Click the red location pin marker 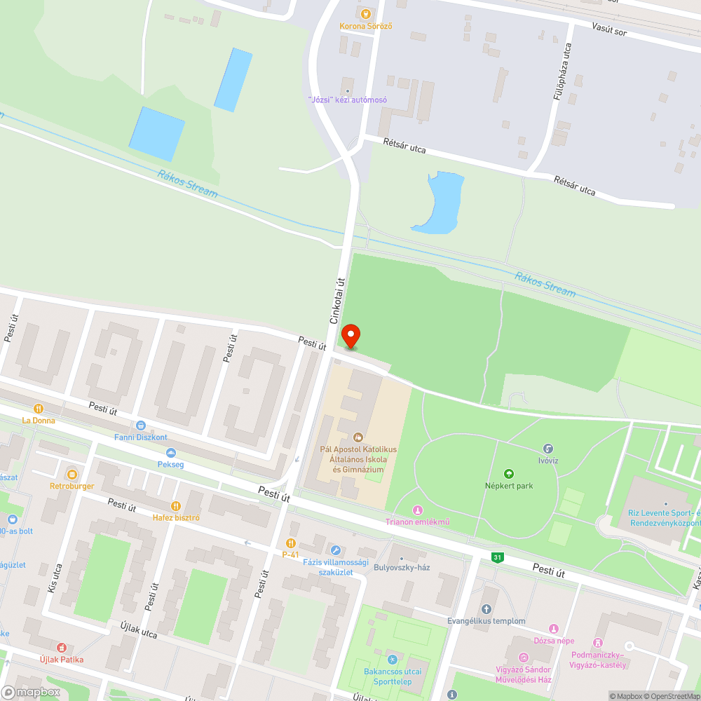tap(349, 336)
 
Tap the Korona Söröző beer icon tap(365, 13)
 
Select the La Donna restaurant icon tap(39, 408)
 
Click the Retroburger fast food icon tap(71, 473)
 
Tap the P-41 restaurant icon tap(291, 543)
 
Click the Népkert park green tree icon tap(509, 474)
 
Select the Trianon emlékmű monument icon tap(418, 510)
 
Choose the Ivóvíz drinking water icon tap(548, 449)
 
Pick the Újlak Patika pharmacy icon tap(62, 647)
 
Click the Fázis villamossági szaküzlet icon tap(335, 550)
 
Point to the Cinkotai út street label tap(339, 301)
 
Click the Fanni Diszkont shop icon tap(141, 425)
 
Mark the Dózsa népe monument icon tap(554, 629)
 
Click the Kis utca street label tap(55, 579)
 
